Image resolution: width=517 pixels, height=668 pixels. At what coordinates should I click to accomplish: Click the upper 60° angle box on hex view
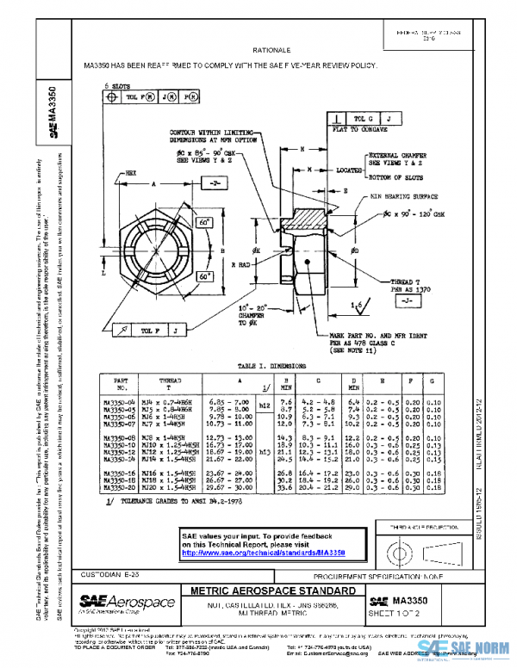(204, 223)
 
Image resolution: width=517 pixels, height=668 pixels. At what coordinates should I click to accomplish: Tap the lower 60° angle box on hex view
(204, 278)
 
